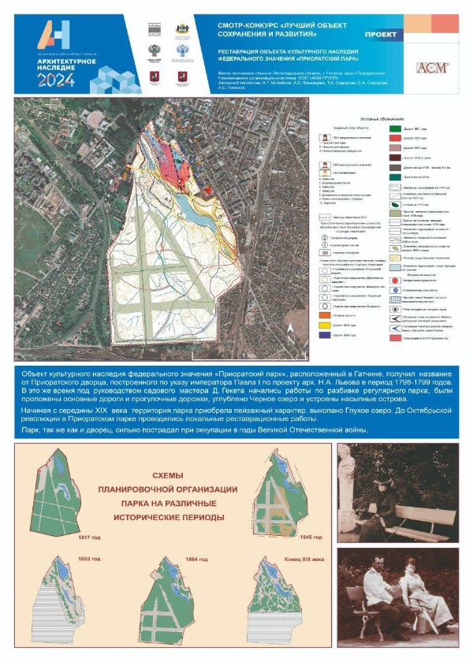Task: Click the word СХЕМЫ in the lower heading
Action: coord(166,475)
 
